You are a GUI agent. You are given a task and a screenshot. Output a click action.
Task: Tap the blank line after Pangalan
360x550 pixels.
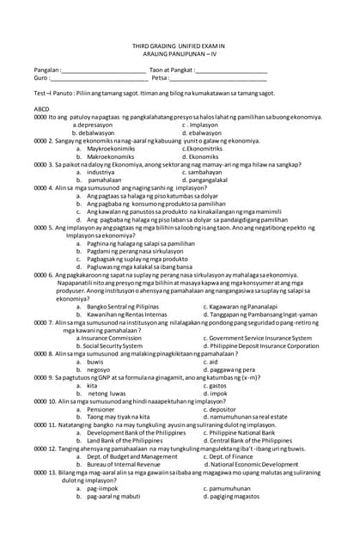tap(102, 70)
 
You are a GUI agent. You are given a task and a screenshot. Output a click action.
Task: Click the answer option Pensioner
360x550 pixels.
tap(102, 409)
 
